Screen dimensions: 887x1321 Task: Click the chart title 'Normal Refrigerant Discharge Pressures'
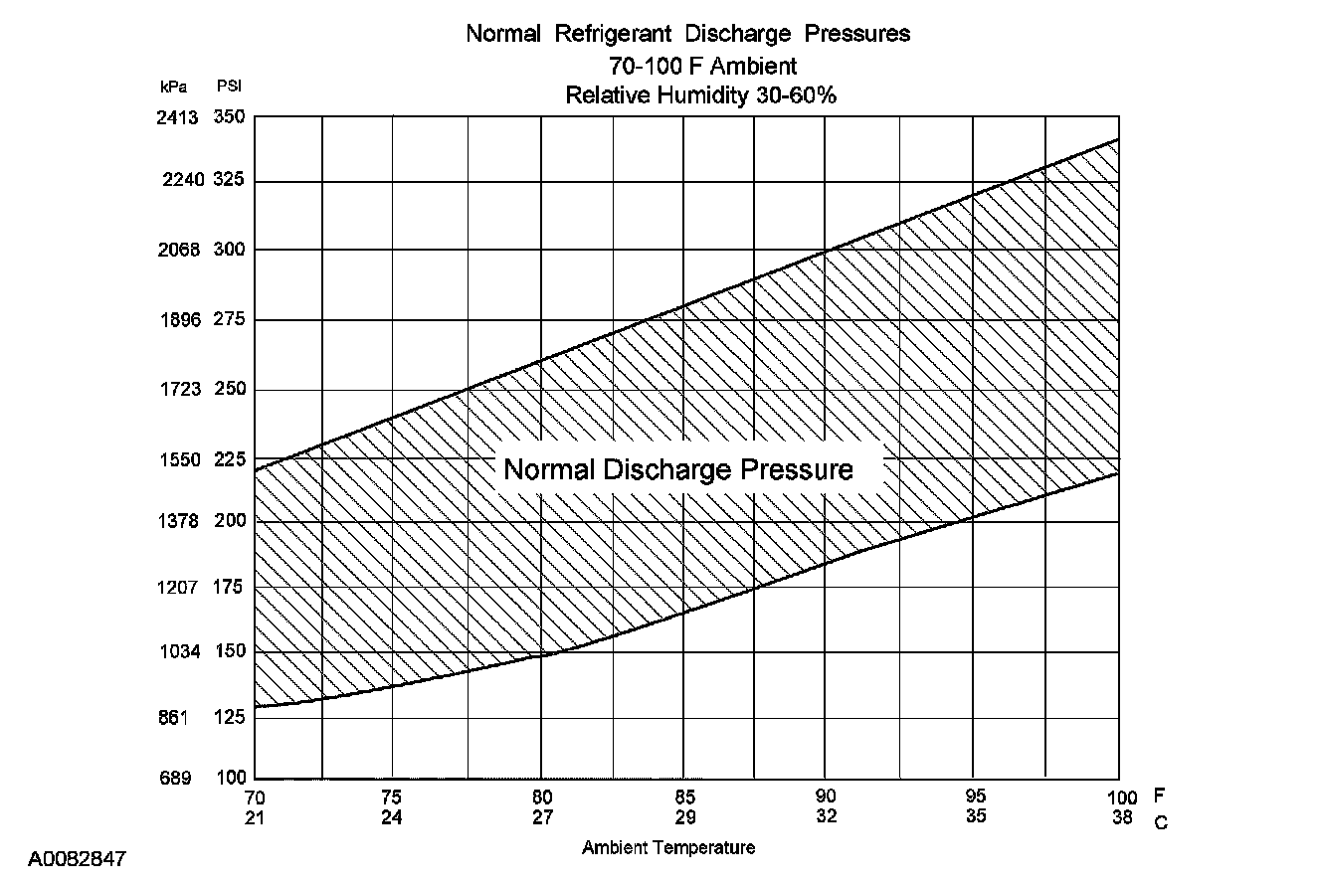point(688,34)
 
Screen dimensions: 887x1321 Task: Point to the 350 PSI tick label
point(229,117)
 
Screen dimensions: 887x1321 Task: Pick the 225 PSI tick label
point(229,459)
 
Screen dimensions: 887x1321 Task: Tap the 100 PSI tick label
point(229,778)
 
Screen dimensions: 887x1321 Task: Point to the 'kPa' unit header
point(173,88)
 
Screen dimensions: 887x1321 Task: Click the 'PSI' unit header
point(228,88)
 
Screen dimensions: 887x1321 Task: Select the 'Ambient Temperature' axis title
point(668,848)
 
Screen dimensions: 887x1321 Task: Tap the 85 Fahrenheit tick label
point(683,797)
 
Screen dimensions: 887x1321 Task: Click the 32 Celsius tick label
point(827,816)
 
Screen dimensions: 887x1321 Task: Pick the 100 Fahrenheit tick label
point(1121,798)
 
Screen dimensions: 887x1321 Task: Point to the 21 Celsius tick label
point(255,816)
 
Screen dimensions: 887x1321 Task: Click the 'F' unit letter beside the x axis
point(1160,797)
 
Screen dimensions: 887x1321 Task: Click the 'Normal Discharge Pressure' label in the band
point(678,469)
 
